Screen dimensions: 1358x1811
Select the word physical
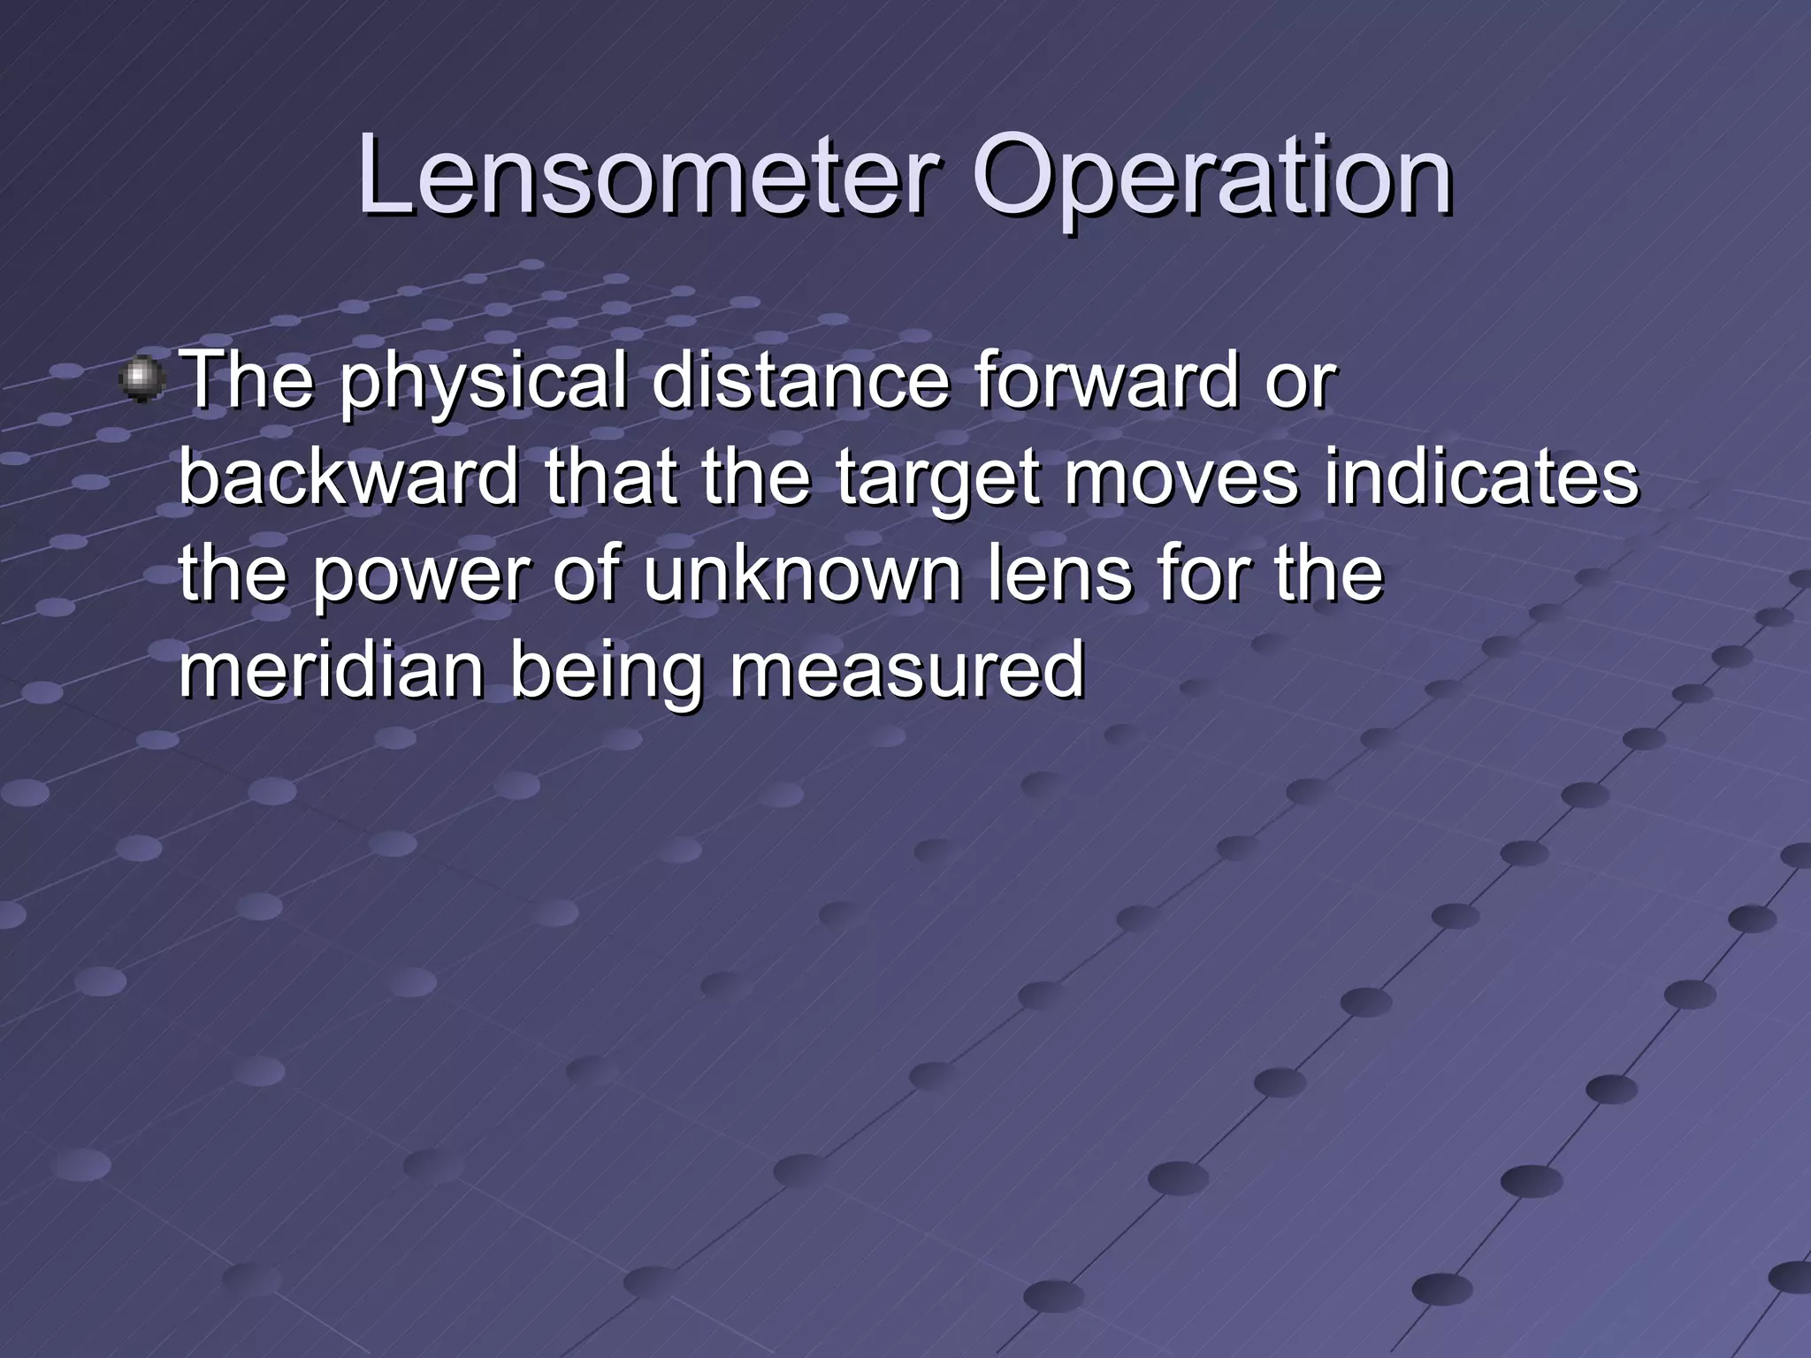(x=482, y=382)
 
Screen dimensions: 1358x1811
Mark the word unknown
(x=802, y=575)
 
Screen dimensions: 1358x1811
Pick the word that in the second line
(x=610, y=477)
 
